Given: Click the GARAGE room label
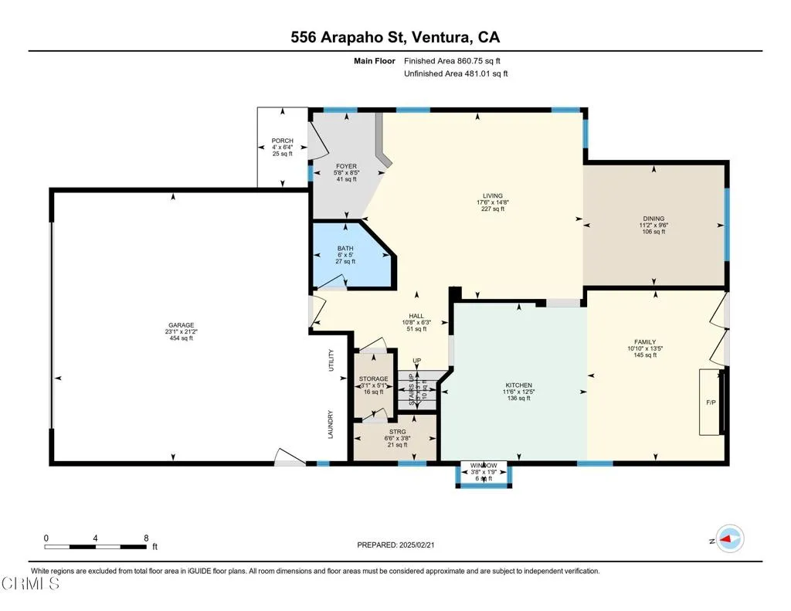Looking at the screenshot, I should (x=182, y=325).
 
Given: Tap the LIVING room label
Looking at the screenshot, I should (x=490, y=195).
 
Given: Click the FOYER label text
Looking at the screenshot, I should (x=345, y=166).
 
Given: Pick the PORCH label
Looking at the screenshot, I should (x=282, y=141).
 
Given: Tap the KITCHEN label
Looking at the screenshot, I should (x=518, y=385).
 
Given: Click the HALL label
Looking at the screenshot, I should (x=416, y=316).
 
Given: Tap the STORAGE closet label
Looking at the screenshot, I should (x=373, y=378).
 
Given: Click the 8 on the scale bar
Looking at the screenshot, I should (x=145, y=538).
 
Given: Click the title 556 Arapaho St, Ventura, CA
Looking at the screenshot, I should (x=395, y=36).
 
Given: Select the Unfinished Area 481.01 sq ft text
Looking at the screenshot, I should (x=456, y=73).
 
